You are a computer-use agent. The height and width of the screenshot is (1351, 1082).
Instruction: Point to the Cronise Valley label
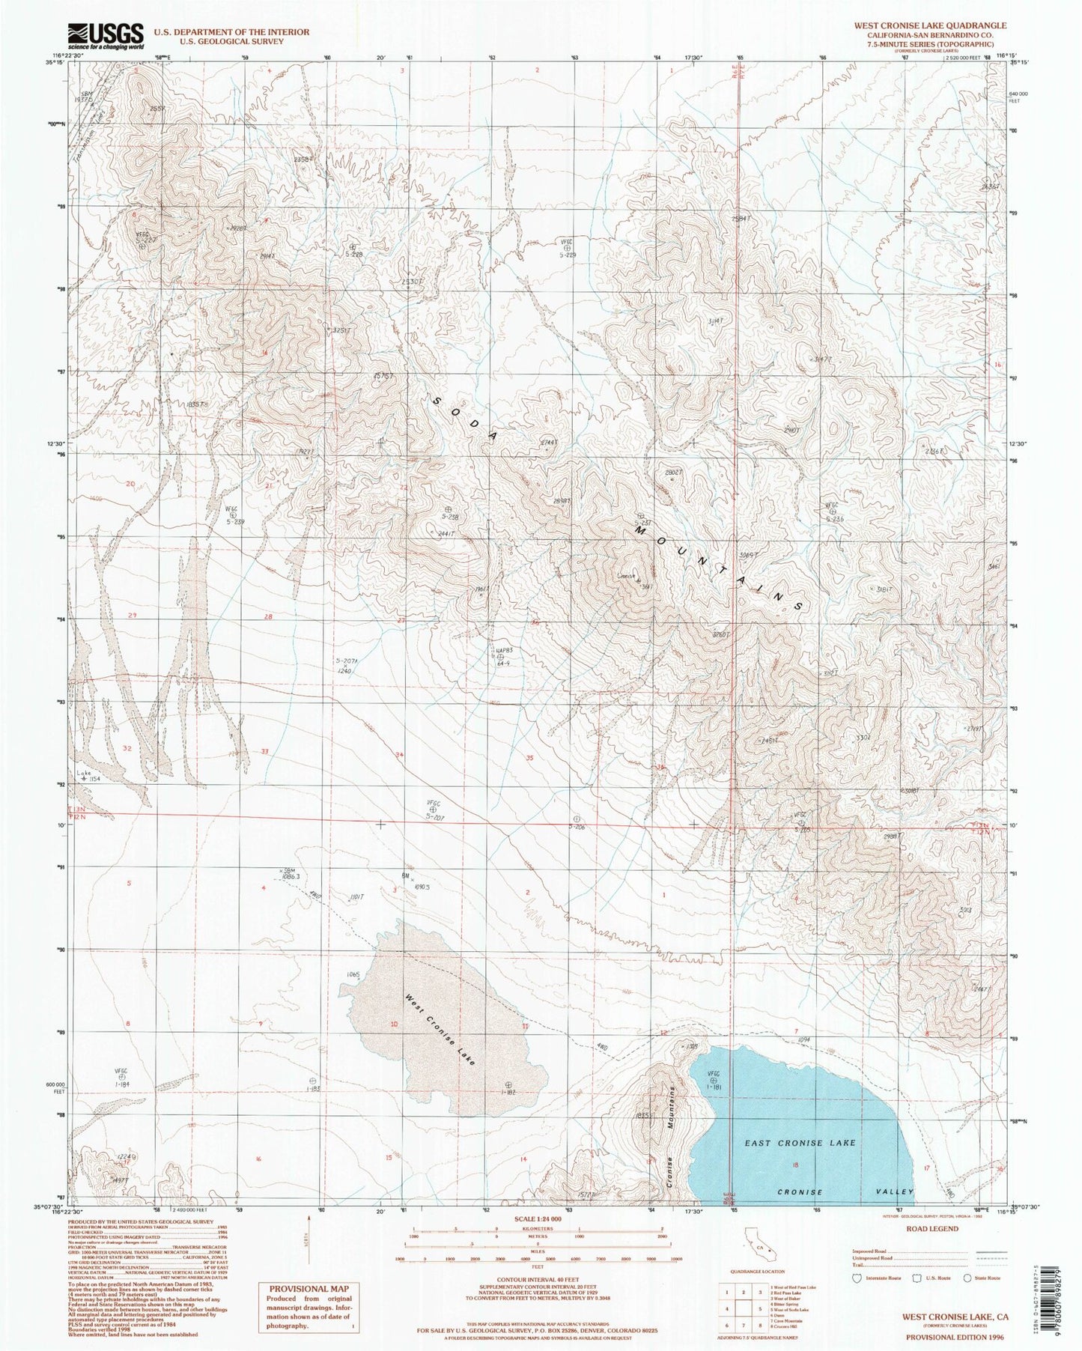click(x=845, y=1192)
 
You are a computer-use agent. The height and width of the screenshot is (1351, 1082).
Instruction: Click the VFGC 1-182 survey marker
click(x=508, y=1084)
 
